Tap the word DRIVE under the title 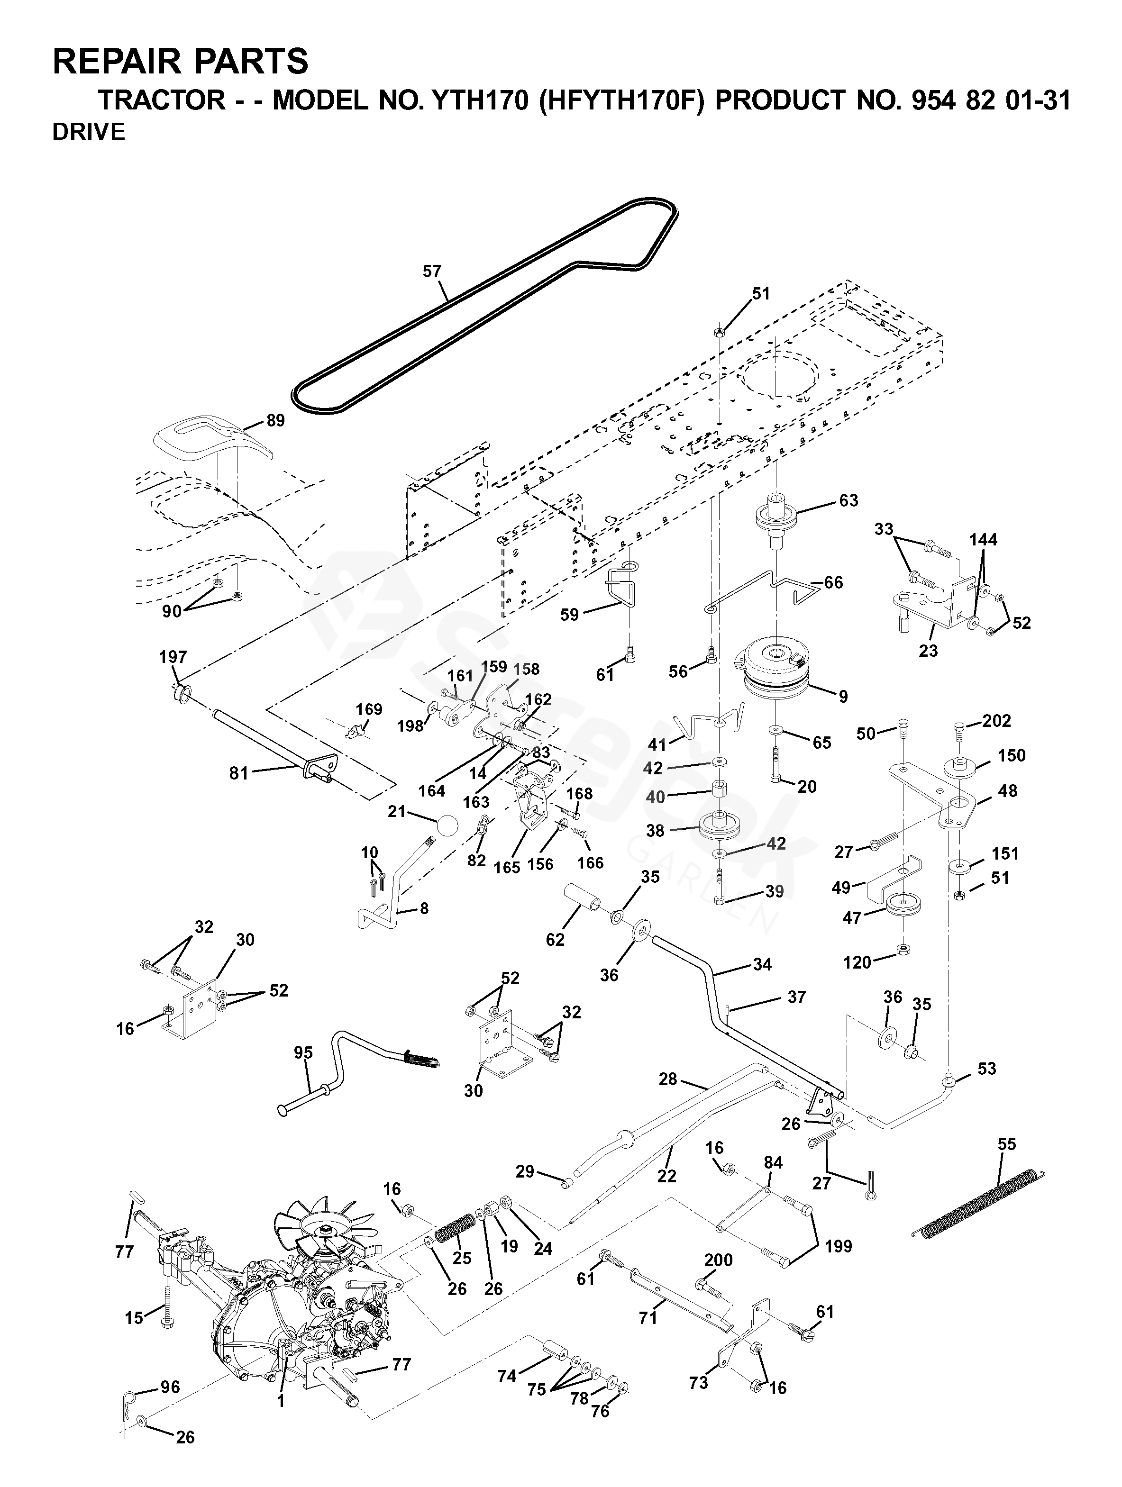[x=89, y=132]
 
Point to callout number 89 [x=275, y=421]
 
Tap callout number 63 [x=848, y=501]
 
